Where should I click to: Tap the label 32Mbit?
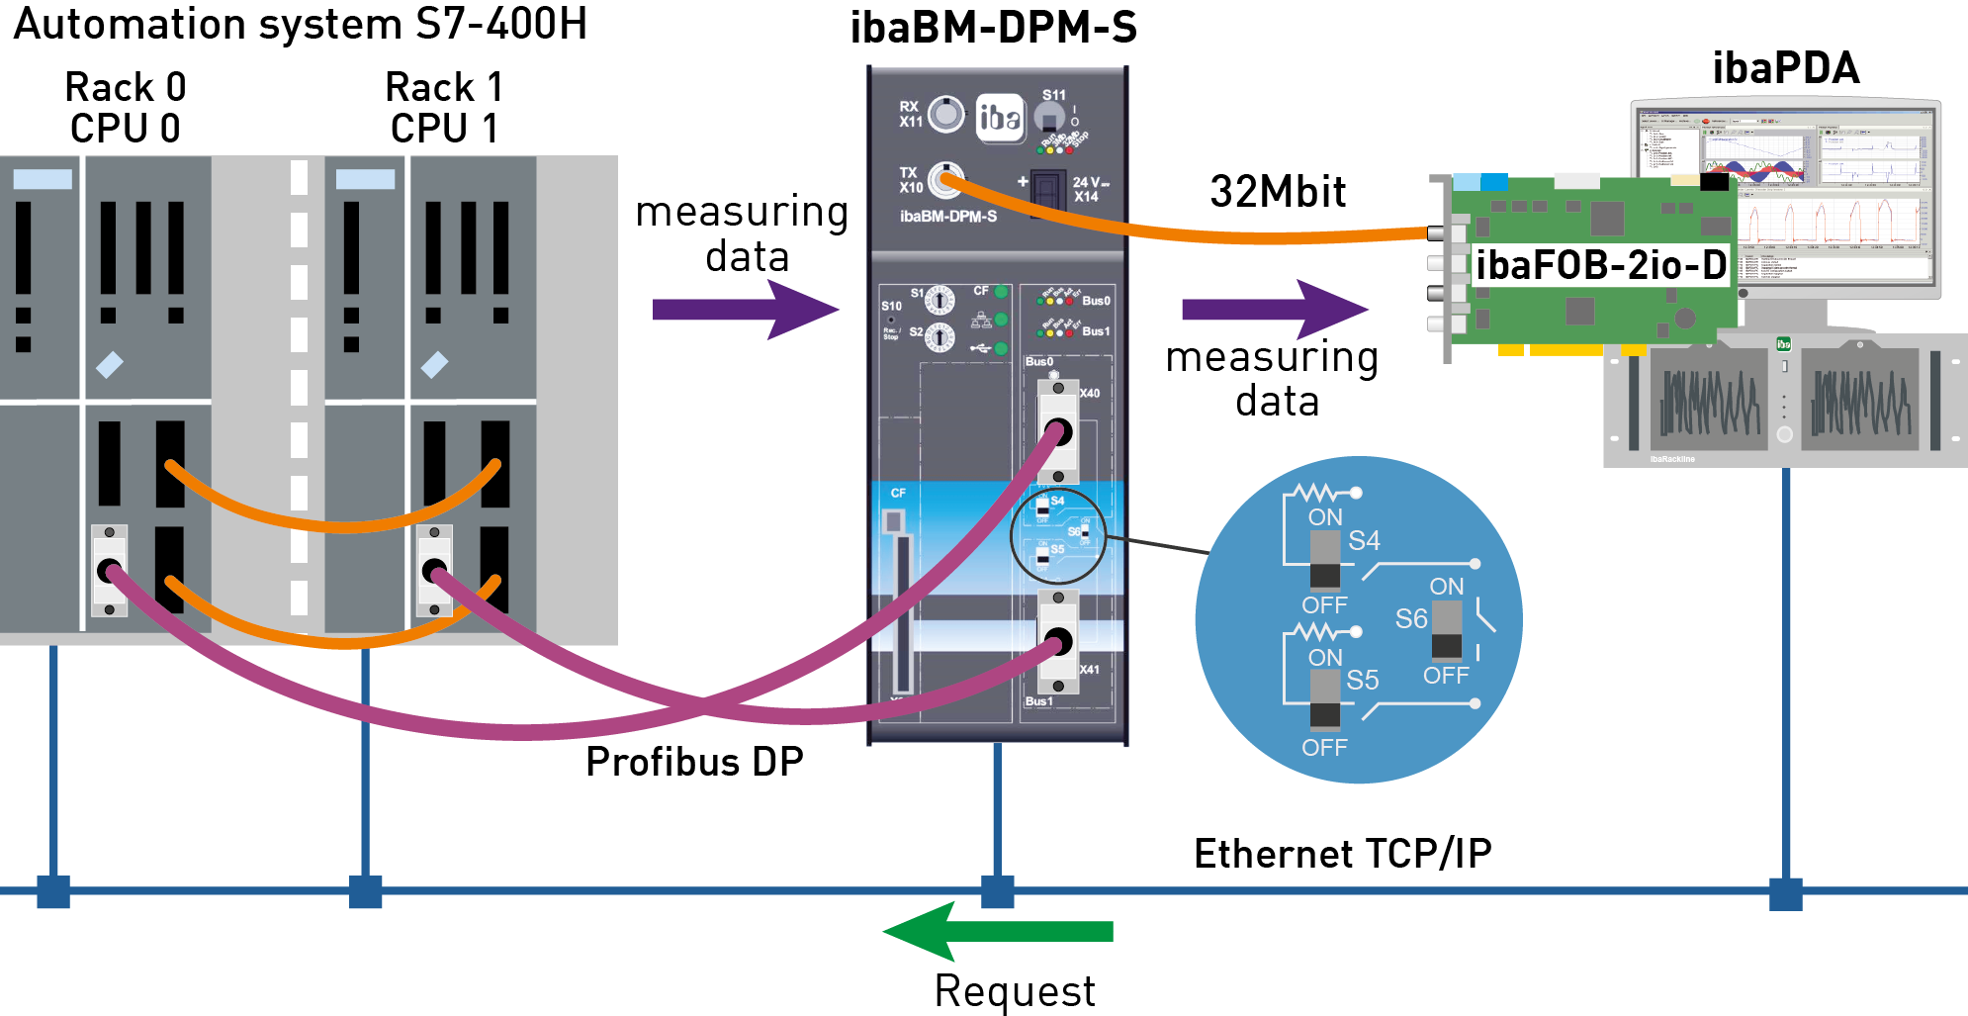pos(1278,191)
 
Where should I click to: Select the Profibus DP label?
pos(693,762)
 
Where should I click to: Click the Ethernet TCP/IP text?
pos(1342,854)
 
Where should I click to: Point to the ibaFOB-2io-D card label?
pos(1600,265)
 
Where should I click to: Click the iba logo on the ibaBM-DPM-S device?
pos(999,118)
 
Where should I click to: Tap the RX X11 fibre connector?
pos(946,115)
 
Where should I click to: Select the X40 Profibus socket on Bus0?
pos(1058,432)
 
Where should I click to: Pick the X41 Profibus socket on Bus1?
pos(1058,642)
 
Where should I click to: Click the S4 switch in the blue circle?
pos(1324,560)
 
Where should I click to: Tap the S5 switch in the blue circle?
pos(1324,700)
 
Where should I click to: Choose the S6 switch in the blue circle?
pos(1446,630)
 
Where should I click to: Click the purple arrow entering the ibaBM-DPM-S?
pos(746,310)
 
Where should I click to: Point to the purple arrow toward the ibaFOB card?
pos(1275,310)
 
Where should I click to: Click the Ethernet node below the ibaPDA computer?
pos(1785,892)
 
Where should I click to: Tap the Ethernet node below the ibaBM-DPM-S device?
pos(997,891)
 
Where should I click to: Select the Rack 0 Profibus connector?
pos(109,571)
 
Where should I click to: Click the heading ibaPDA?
pos(1785,68)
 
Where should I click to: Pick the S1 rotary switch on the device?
pos(939,299)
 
